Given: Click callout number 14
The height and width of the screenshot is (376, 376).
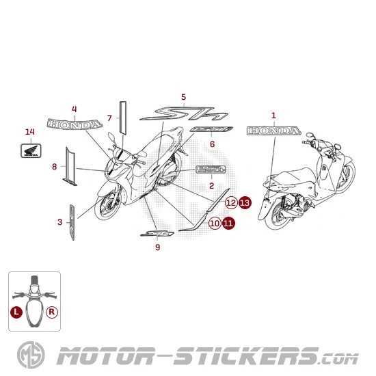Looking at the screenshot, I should point(29,131).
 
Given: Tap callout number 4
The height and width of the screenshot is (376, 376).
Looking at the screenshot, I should point(74,108).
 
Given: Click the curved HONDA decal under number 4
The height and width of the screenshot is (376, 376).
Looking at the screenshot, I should point(74,124).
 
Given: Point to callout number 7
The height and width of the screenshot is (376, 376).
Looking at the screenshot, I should point(109,118).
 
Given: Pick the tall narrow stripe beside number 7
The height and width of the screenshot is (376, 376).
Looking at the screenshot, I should point(123,116).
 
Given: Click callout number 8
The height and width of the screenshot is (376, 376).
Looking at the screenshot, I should point(54,166).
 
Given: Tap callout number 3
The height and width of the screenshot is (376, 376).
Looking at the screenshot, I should point(59,221).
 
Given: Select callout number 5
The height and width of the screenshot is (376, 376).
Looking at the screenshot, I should point(183,96).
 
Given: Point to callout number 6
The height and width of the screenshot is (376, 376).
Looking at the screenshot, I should point(212,144).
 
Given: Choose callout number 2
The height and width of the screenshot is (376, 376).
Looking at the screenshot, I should point(211,185).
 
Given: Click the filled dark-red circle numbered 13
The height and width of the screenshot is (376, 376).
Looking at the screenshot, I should point(245,202).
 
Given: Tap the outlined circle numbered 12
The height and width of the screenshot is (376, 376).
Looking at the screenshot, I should point(231,202).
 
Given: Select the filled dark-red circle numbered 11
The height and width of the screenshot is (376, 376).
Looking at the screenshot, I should point(228,223).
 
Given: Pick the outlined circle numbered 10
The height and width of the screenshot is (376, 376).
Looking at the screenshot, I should point(215,223).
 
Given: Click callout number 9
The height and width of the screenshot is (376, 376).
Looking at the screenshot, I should point(157,247).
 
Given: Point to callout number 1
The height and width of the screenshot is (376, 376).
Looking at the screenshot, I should point(273,116).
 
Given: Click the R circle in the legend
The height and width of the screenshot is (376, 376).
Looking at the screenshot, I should point(52,310).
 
